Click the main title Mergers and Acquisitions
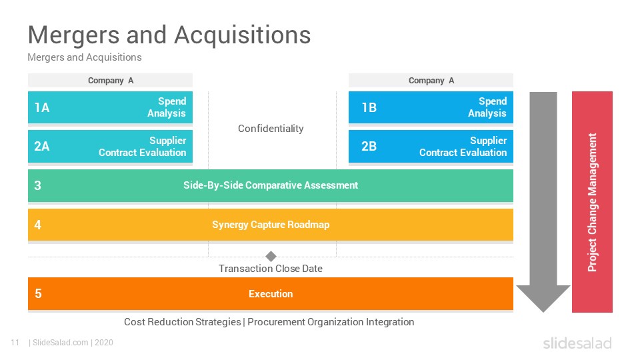point(169,35)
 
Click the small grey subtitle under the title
point(85,57)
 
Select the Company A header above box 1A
point(111,81)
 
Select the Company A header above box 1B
point(431,81)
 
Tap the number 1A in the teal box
point(41,107)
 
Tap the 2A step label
point(41,146)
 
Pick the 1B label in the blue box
point(369,107)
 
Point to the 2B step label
point(369,146)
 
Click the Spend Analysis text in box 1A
point(167,107)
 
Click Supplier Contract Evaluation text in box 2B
point(463,146)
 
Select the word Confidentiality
point(271,129)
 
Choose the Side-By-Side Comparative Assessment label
point(271,185)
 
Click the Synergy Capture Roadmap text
point(271,225)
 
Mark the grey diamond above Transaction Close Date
point(271,256)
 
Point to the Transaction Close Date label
point(271,269)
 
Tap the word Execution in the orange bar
point(271,294)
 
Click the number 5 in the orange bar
point(38,293)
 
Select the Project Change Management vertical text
point(592,202)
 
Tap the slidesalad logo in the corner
point(577,343)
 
